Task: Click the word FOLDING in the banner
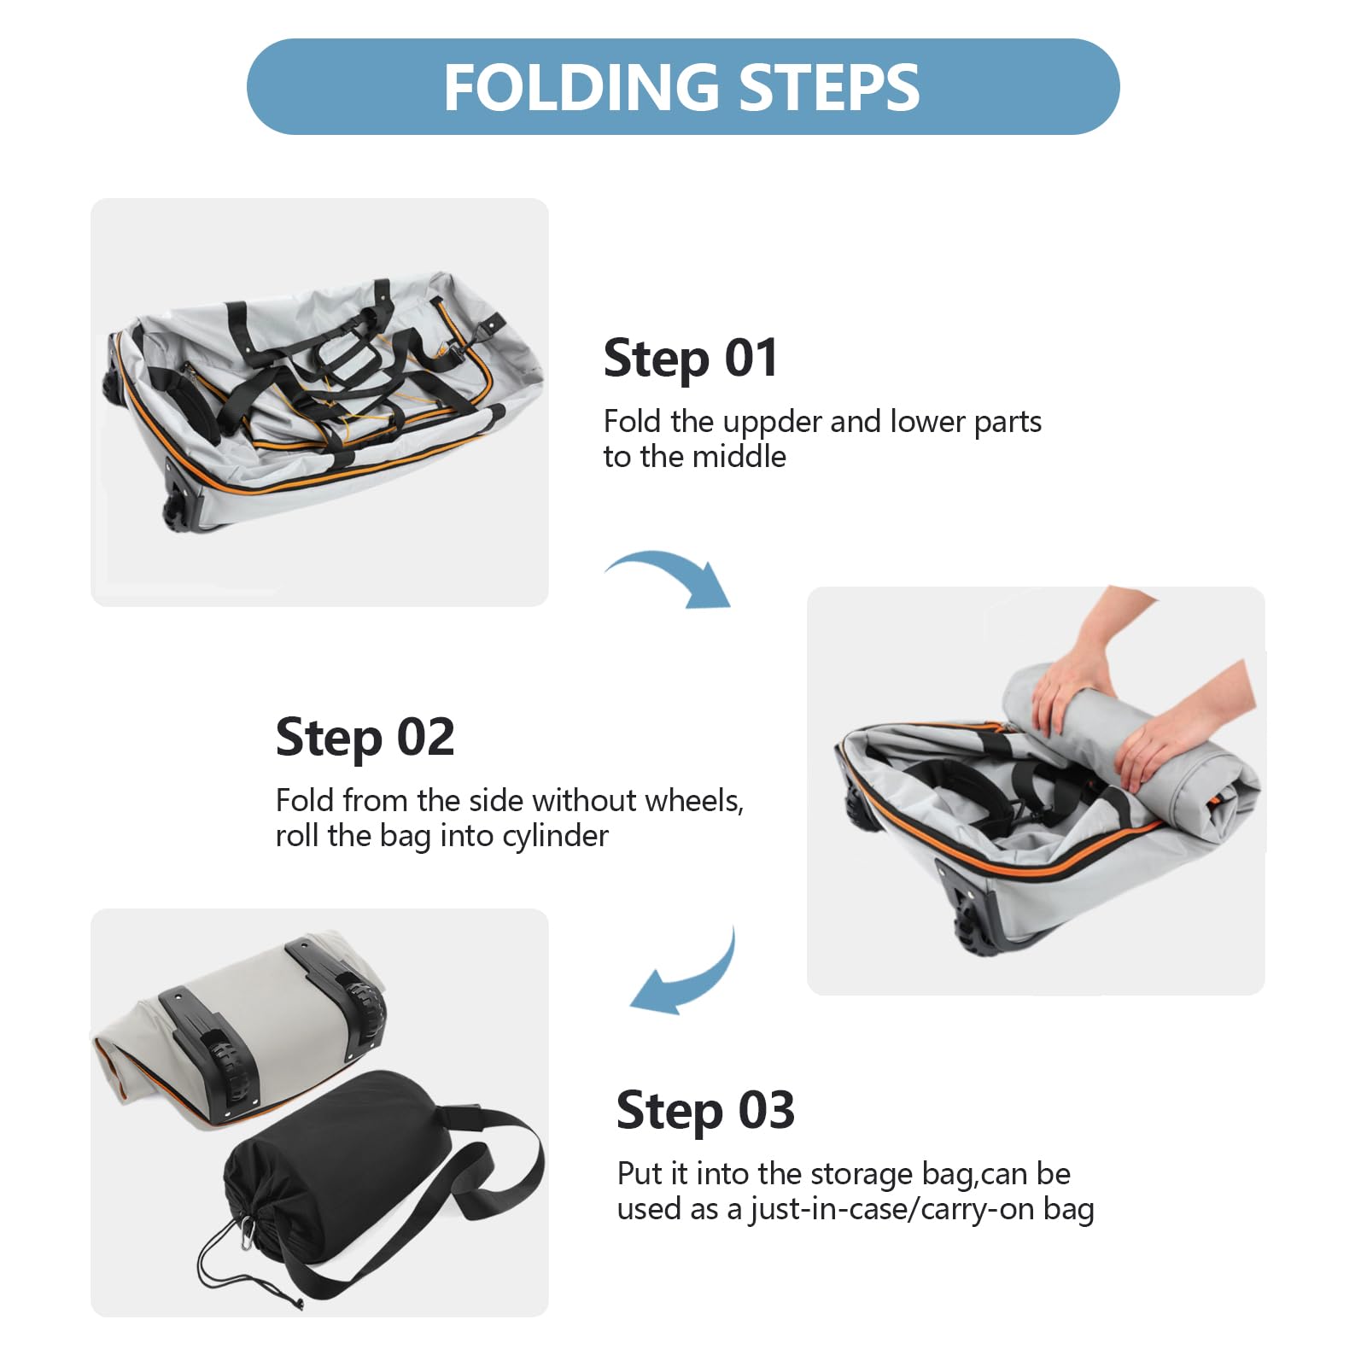582,87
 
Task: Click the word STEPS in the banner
829,87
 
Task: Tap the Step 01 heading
691,359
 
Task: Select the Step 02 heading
365,738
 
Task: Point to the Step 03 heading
705,1111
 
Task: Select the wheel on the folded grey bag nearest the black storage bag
231,1067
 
